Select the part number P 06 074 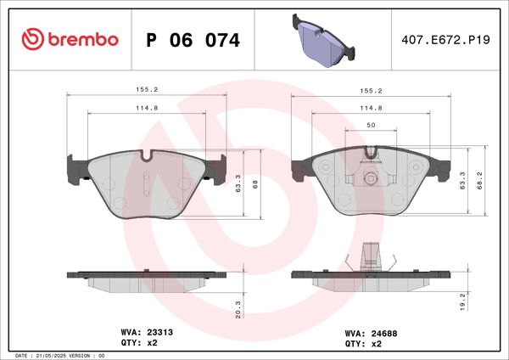[x=193, y=40]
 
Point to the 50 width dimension [x=371, y=125]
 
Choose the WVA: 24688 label [x=370, y=334]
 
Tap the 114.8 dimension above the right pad [x=371, y=108]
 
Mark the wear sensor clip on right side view [x=371, y=256]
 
